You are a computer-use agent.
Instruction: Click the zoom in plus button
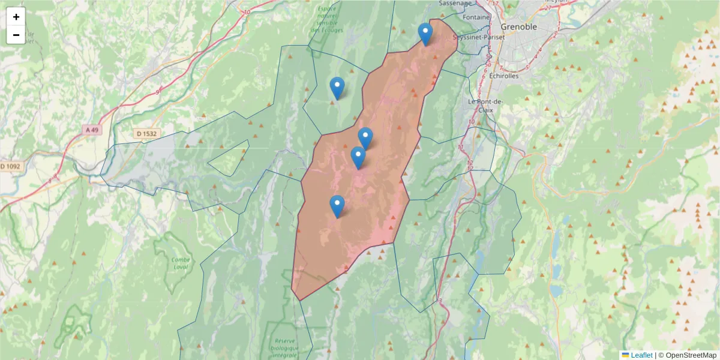(16, 17)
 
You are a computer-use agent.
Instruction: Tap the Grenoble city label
(519, 28)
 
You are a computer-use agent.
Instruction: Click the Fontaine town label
(477, 17)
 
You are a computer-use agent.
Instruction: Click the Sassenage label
(455, 3)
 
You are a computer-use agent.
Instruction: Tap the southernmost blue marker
(337, 206)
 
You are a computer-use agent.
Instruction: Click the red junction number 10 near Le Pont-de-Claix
(472, 122)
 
